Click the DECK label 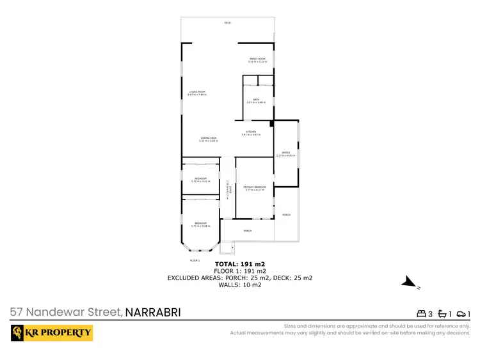pyautogui.click(x=227, y=23)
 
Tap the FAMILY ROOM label pyautogui.click(x=257, y=59)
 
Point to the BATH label pyautogui.click(x=256, y=100)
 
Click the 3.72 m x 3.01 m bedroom pyautogui.click(x=200, y=180)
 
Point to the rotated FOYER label pyautogui.click(x=228, y=189)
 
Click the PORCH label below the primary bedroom pyautogui.click(x=247, y=230)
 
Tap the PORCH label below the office pyautogui.click(x=286, y=215)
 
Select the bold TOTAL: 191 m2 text pyautogui.click(x=240, y=263)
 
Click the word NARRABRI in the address pyautogui.click(x=153, y=313)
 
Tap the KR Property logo pyautogui.click(x=52, y=333)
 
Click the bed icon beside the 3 pyautogui.click(x=422, y=313)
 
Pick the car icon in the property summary pyautogui.click(x=460, y=313)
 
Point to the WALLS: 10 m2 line pyautogui.click(x=240, y=285)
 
